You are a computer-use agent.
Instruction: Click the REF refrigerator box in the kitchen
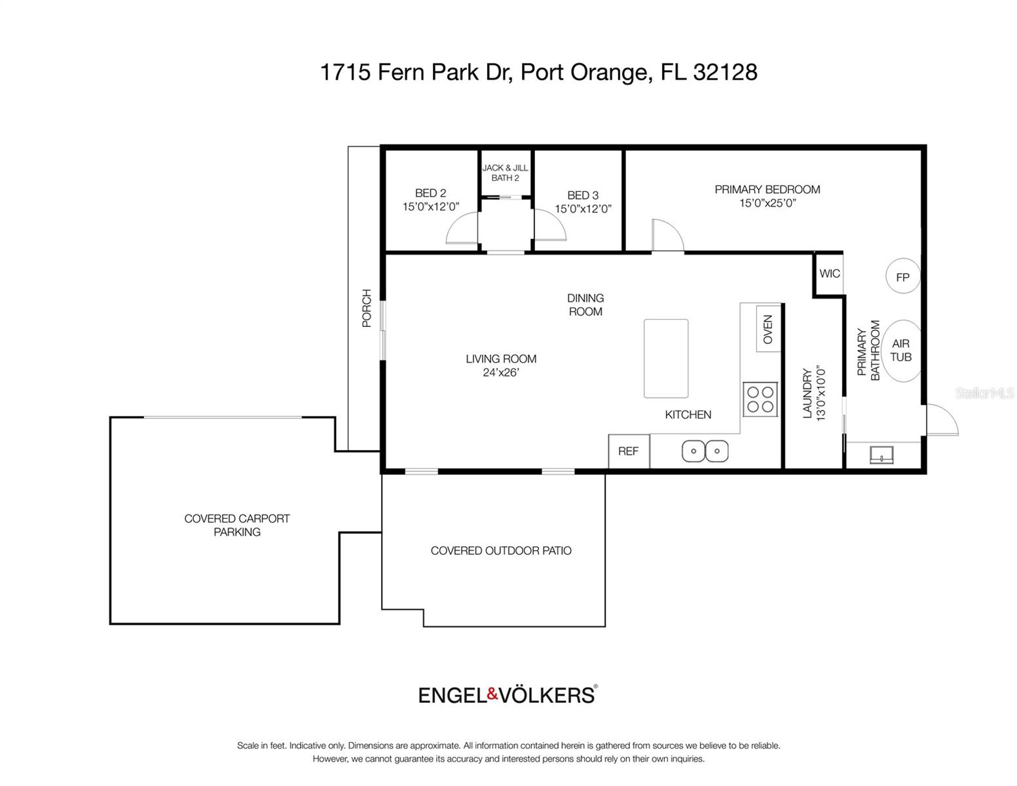point(629,451)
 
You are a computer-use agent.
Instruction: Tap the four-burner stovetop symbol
point(760,400)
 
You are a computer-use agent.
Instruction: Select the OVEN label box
point(768,329)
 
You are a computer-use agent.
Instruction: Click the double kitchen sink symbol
point(705,451)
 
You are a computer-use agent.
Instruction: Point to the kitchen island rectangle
point(666,358)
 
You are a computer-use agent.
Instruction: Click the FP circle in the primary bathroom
point(902,277)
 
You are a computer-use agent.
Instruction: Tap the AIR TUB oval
point(901,350)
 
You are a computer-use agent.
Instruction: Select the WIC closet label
point(829,274)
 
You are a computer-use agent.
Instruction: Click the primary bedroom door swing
point(667,235)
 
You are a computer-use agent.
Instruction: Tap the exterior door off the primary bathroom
point(942,421)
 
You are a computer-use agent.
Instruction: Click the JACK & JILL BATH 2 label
point(506,173)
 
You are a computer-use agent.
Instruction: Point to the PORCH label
point(367,309)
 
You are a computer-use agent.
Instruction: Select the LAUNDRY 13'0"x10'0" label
point(813,393)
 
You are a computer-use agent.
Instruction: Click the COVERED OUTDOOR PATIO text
point(501,551)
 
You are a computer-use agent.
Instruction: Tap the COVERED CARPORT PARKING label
point(237,525)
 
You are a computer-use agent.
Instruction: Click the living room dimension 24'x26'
point(501,373)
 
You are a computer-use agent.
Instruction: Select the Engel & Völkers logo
point(508,694)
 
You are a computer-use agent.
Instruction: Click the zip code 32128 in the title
point(725,72)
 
